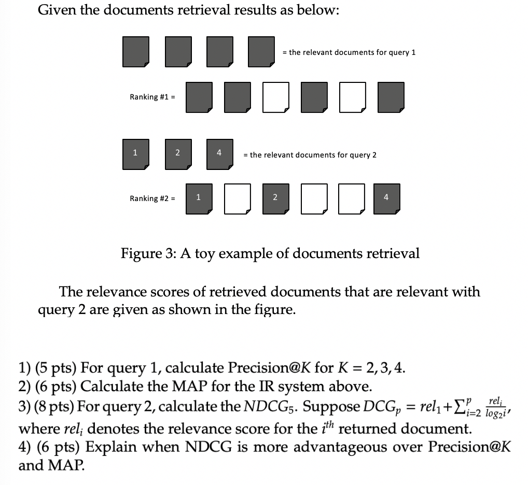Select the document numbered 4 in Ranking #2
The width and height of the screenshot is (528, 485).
pos(386,197)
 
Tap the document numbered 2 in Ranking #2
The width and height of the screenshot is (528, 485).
pos(275,197)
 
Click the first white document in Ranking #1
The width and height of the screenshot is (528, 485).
pos(275,97)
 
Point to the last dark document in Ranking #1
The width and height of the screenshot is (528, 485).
pos(391,97)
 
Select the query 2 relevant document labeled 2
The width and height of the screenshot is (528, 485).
pos(178,153)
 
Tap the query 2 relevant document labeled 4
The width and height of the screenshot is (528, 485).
pos(219,153)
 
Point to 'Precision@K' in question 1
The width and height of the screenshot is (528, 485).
pos(276,368)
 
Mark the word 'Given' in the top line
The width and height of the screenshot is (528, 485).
pos(57,11)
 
